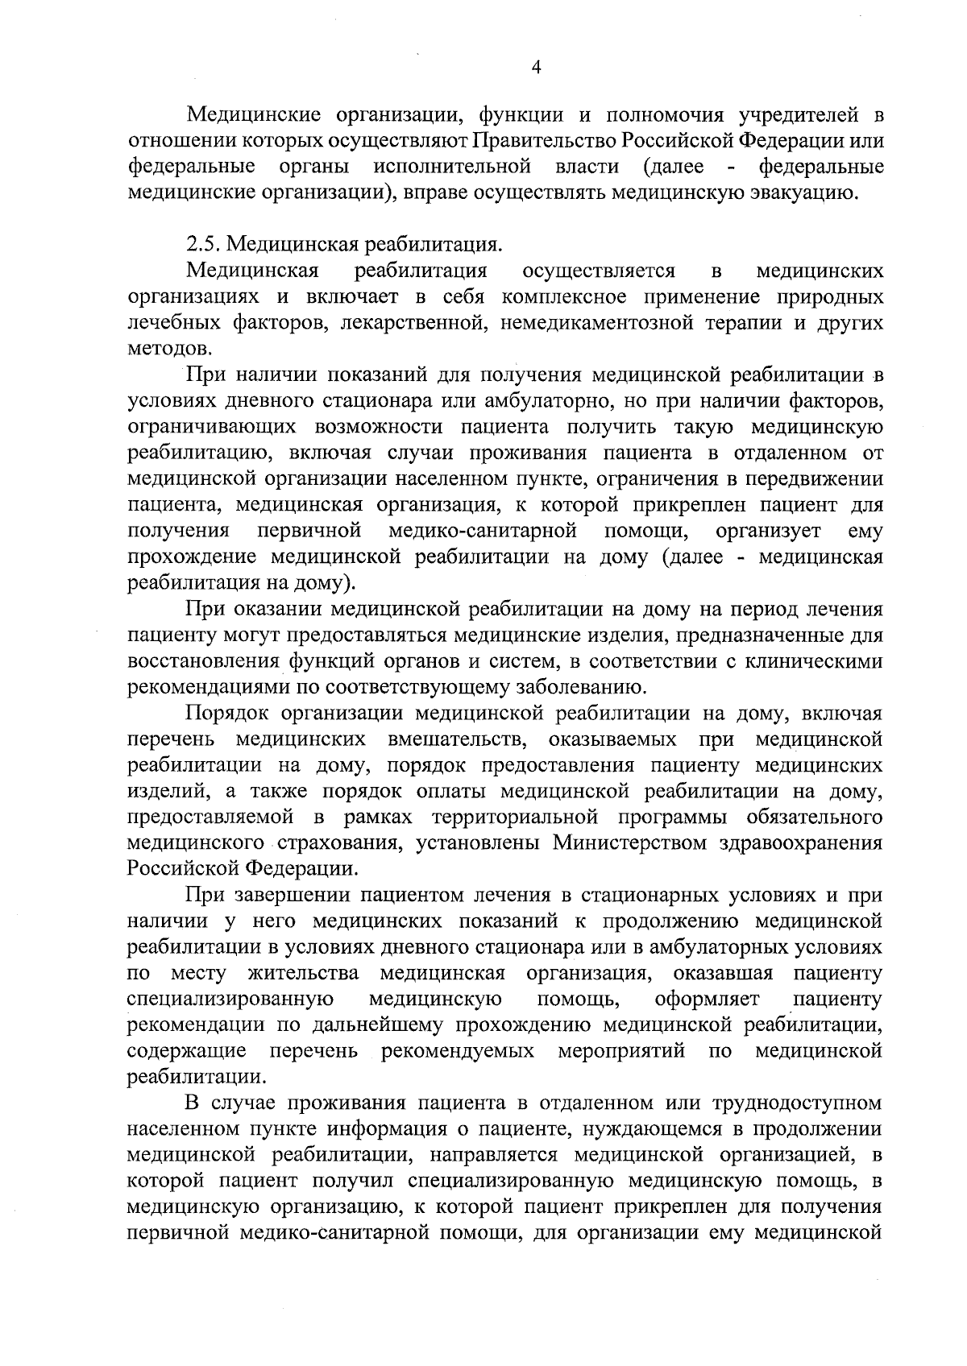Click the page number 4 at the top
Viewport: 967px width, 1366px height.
[x=537, y=68]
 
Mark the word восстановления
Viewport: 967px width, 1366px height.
[x=201, y=661]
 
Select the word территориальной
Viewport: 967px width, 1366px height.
[x=515, y=817]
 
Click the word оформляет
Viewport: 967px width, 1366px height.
[x=707, y=1000]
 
